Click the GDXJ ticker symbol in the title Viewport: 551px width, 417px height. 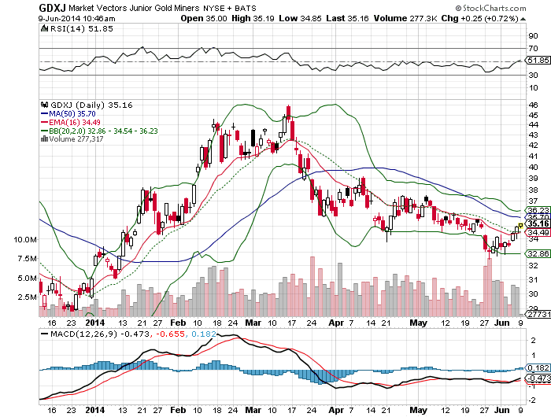(20, 7)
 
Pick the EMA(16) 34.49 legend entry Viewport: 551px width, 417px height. (76, 121)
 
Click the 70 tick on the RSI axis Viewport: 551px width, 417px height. (532, 49)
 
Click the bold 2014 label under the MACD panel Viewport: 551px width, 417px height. (94, 409)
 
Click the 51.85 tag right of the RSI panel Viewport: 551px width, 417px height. (538, 60)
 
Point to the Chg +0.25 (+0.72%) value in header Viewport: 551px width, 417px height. (471, 17)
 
